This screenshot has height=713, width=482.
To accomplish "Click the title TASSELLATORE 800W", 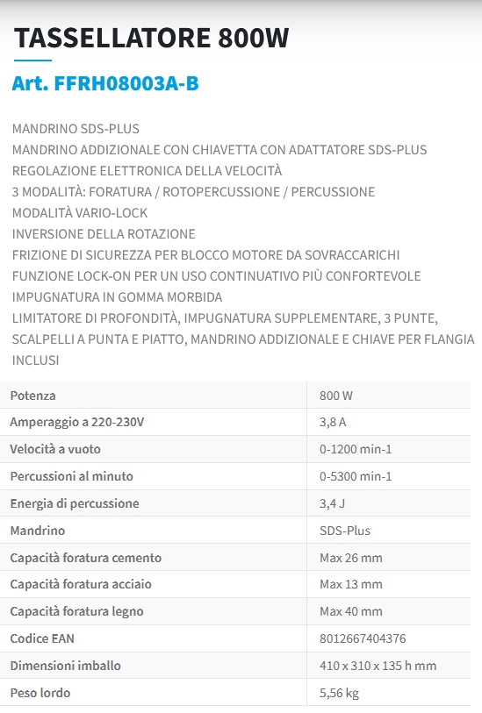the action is click(x=152, y=38).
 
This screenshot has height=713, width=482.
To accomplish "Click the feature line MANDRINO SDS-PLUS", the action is click(x=76, y=129).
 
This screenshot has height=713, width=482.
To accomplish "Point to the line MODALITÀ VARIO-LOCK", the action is click(x=80, y=213).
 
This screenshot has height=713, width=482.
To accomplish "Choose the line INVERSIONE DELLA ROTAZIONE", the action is click(x=104, y=234).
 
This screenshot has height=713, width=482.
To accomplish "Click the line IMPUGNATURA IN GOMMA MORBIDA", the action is click(x=110, y=297).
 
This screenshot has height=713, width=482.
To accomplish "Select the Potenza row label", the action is click(x=32, y=396).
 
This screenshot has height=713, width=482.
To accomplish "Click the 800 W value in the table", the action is click(x=336, y=396).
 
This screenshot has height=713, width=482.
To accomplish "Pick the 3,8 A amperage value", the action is click(x=333, y=423).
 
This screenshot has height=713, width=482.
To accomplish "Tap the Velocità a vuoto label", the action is click(x=55, y=449).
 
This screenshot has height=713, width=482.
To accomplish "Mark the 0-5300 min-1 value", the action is click(x=356, y=476).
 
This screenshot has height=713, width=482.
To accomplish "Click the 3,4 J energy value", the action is click(x=332, y=503).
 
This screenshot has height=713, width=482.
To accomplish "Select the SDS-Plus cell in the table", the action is click(x=345, y=531).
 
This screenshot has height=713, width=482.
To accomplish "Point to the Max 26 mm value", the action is click(x=351, y=558).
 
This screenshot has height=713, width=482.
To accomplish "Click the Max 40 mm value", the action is click(x=351, y=611).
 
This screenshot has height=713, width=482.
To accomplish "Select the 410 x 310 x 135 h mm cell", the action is click(x=378, y=666).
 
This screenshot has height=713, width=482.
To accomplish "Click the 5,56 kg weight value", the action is click(x=339, y=693).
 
